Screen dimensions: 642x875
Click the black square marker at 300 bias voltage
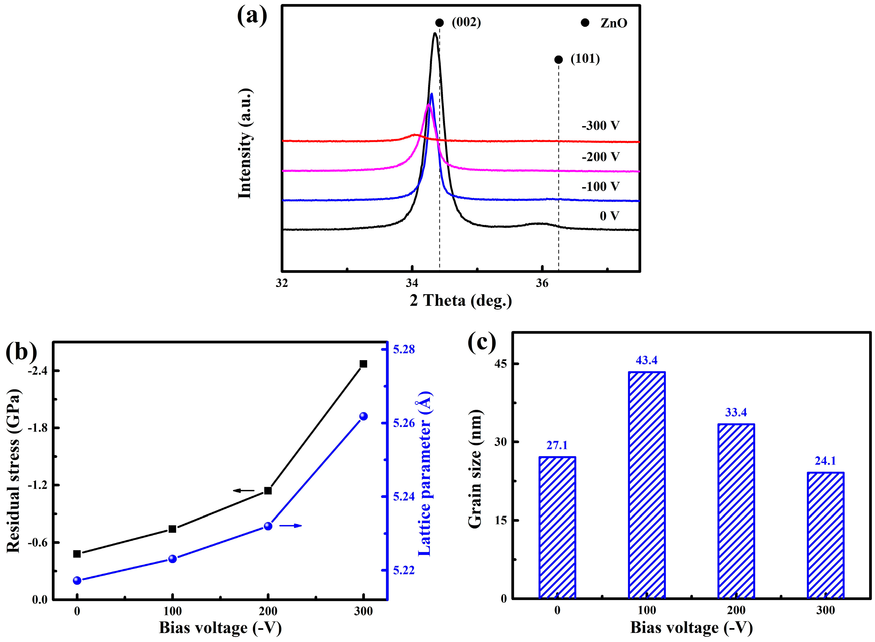[363, 364]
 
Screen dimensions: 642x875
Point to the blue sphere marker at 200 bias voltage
[268, 526]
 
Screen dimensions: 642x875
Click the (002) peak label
[466, 23]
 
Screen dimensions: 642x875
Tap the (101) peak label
[585, 59]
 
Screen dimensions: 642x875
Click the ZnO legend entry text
[614, 23]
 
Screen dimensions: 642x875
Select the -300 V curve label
[600, 126]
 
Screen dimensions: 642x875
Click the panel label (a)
[252, 17]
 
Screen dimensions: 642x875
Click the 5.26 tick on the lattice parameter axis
[404, 423]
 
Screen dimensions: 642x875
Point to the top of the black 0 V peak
[435, 34]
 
